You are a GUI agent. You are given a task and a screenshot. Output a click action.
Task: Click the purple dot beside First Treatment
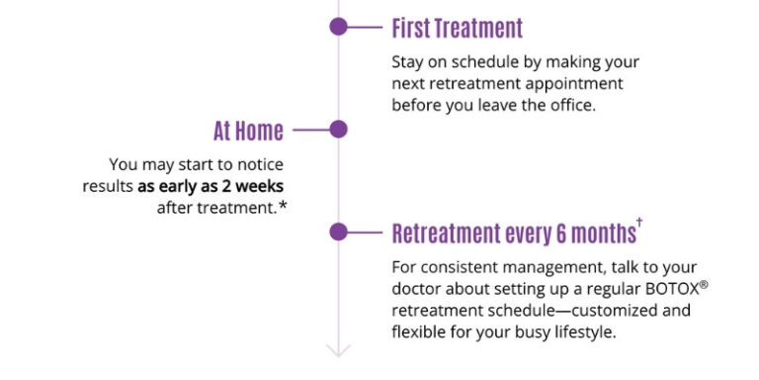point(338,27)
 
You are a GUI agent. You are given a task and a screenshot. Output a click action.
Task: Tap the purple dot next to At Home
point(338,129)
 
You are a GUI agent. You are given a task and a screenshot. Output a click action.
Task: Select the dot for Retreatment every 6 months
point(338,232)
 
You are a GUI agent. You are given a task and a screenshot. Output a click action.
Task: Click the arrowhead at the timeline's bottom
point(338,348)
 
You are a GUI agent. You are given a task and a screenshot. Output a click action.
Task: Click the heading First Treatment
point(457,28)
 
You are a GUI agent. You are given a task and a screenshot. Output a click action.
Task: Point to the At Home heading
point(248,131)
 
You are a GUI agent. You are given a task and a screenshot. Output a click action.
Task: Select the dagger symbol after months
point(639,224)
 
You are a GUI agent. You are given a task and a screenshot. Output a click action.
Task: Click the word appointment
point(574,83)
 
